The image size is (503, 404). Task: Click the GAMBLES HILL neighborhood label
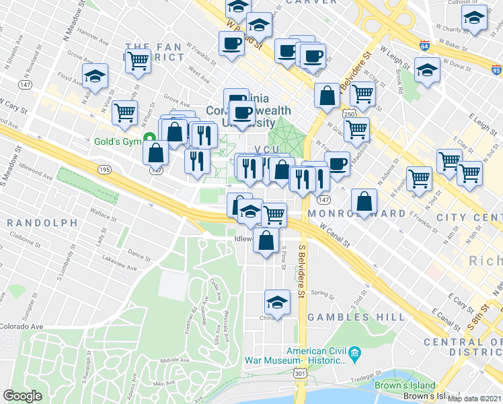point(338,316)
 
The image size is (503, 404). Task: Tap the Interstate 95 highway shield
point(496,69)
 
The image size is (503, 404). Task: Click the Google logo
point(22,396)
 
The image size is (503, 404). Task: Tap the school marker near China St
point(277,301)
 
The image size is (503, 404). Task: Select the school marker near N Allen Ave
point(95,76)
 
